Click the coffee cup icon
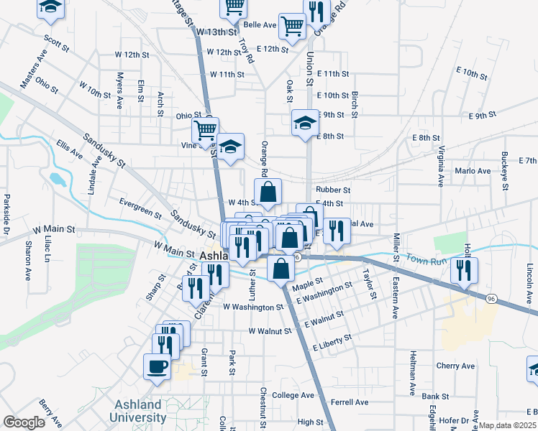[x=157, y=366]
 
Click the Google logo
[x=24, y=422]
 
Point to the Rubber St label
[x=332, y=190]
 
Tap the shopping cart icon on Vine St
[x=205, y=129]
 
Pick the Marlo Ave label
[x=473, y=171]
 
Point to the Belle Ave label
[x=260, y=24]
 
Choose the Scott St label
[x=56, y=44]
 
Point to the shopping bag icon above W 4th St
[x=268, y=192]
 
